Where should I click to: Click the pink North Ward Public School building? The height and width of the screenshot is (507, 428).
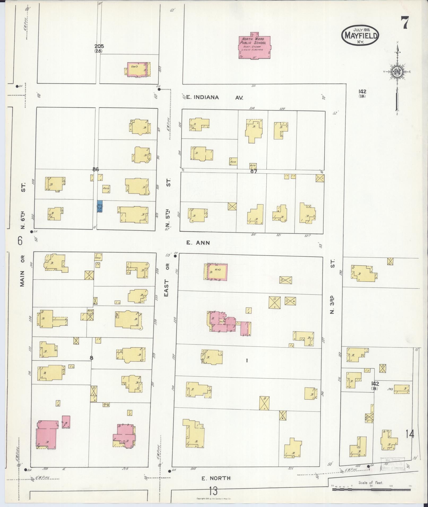254,46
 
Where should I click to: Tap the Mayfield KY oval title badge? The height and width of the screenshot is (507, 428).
360,35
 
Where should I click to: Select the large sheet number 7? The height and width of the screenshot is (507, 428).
405,23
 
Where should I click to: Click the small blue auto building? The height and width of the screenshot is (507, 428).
100,206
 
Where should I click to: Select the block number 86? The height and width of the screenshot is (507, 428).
96,169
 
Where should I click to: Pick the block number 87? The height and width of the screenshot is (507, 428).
254,171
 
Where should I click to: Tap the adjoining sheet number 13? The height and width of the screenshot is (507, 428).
213,491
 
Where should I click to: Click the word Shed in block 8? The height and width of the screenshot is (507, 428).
97,257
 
